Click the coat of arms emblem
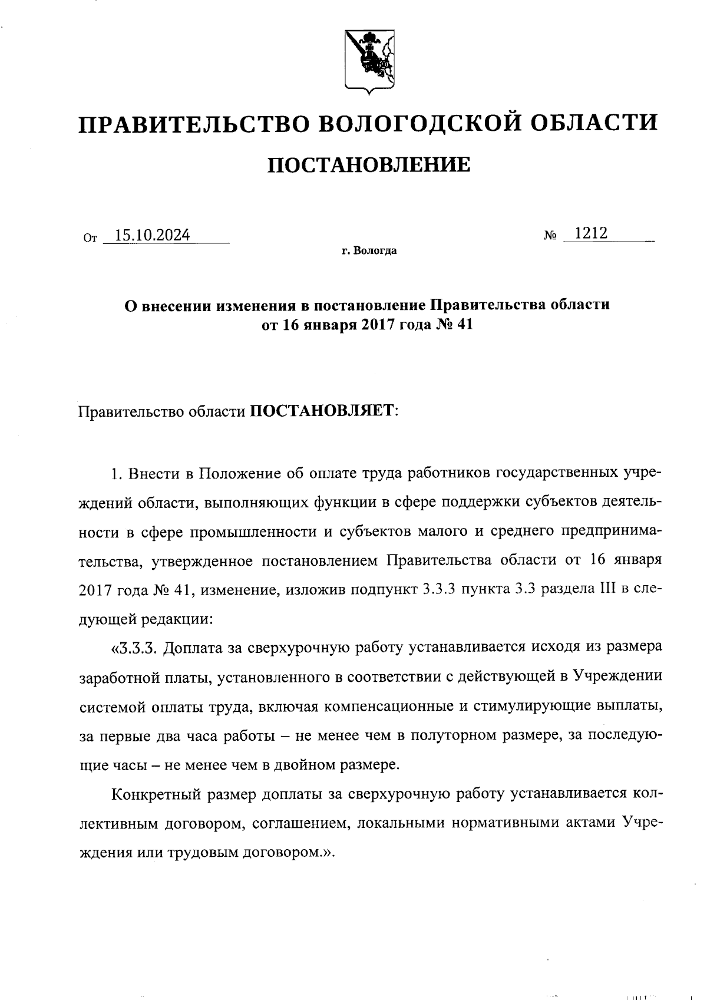coord(369,62)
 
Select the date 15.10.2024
coord(152,236)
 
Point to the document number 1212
coord(591,233)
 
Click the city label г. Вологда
coord(369,252)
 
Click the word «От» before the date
coord(90,239)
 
